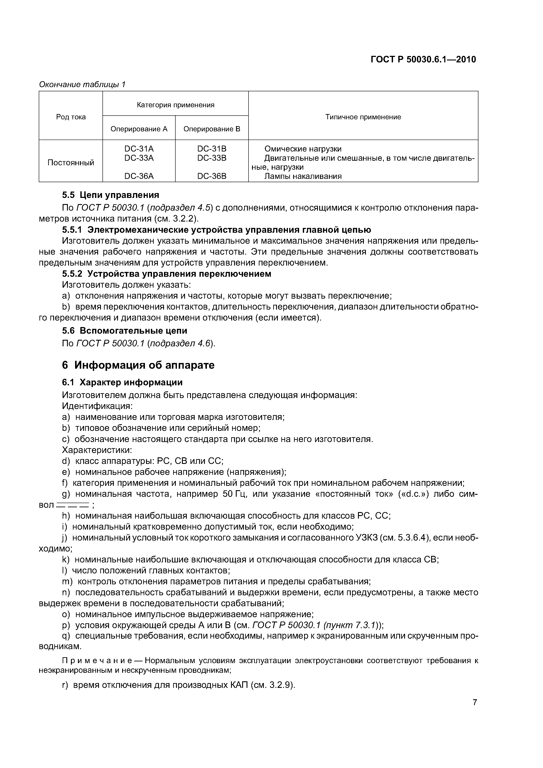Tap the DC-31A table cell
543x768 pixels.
point(139,149)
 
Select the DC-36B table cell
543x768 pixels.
point(212,176)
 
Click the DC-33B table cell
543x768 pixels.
point(212,158)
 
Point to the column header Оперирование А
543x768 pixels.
point(139,129)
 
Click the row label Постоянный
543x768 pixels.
point(71,163)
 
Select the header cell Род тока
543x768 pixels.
point(71,117)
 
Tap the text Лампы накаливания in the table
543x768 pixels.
point(303,176)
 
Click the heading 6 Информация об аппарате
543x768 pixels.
point(138,365)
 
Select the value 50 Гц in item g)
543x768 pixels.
point(234,494)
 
